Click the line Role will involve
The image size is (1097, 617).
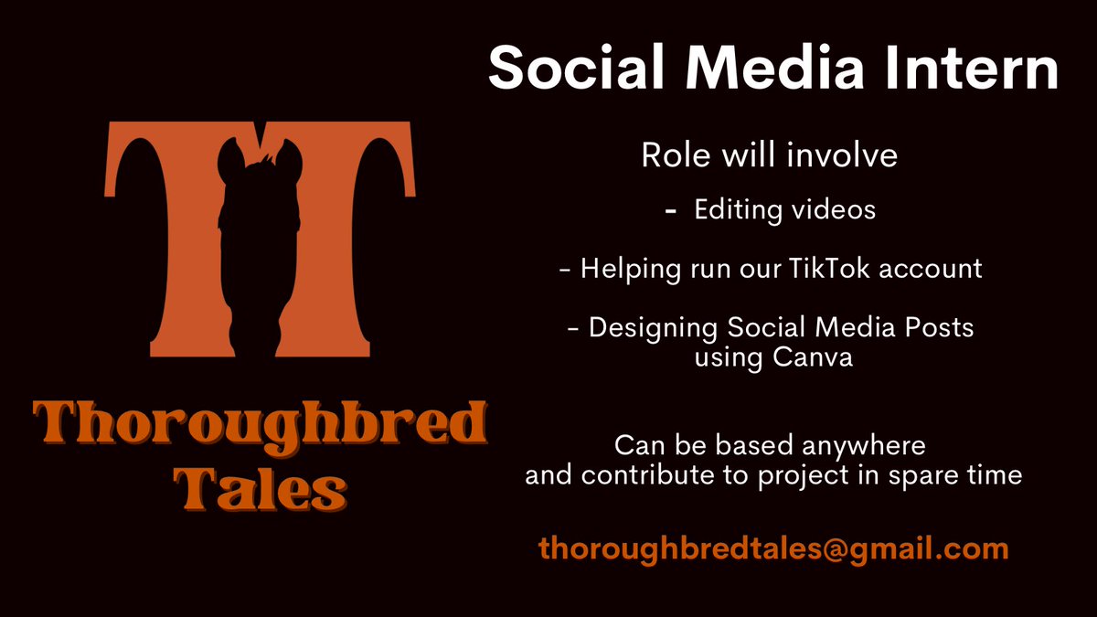click(x=769, y=154)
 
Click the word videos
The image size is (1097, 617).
click(x=834, y=209)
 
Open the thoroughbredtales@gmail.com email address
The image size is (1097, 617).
click(x=773, y=548)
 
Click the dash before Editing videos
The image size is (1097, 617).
click(x=671, y=210)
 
